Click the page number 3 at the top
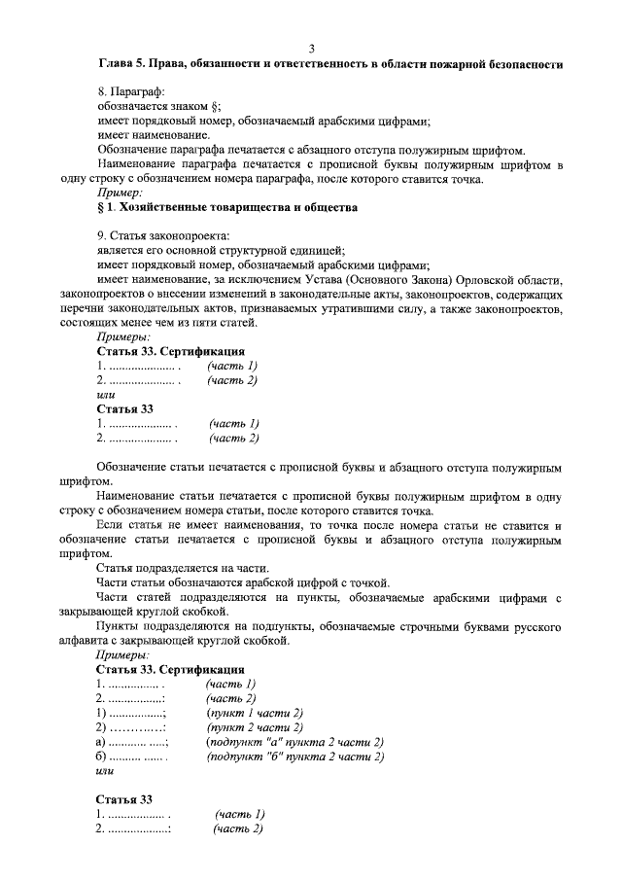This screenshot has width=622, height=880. (x=311, y=49)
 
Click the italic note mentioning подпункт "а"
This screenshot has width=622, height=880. (x=295, y=742)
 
